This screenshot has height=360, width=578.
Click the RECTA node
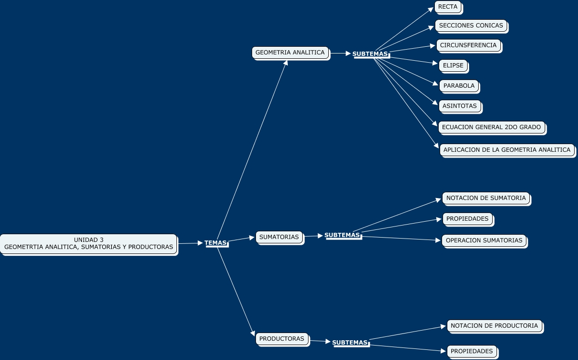(x=448, y=7)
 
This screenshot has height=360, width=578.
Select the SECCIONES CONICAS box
(x=471, y=26)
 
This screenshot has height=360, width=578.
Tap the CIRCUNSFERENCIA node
(x=468, y=45)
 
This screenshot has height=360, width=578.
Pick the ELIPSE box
(x=453, y=66)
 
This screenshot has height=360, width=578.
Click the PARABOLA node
(x=459, y=86)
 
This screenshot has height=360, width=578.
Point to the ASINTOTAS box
(x=459, y=106)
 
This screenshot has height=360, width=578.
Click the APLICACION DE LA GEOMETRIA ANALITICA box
(x=507, y=150)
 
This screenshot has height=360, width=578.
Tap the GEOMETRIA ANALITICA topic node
(x=290, y=53)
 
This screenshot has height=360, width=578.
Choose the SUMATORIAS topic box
(x=279, y=237)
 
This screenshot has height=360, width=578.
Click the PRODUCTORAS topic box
(x=282, y=339)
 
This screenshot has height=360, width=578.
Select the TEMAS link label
(x=215, y=243)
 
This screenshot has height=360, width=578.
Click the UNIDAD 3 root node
(x=89, y=243)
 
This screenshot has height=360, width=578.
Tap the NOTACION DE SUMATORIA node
(x=486, y=198)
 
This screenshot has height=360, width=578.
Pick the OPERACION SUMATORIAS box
(x=484, y=240)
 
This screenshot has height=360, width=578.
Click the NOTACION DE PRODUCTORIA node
(x=494, y=326)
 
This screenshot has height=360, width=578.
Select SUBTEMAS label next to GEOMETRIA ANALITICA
(x=370, y=54)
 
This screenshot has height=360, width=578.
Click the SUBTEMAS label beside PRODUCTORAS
(x=350, y=343)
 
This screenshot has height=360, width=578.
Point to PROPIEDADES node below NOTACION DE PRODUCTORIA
(x=471, y=351)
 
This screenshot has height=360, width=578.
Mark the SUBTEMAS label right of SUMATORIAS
(x=342, y=235)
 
